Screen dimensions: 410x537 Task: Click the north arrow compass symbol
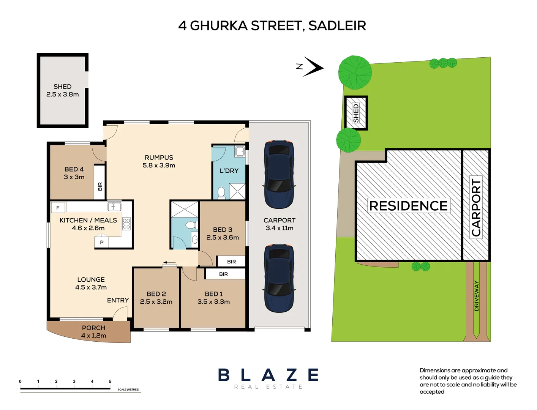(x=313, y=67)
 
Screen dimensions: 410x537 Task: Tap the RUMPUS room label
(x=159, y=158)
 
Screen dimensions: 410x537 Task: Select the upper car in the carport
(x=279, y=174)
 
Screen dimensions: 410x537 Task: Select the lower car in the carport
(x=279, y=278)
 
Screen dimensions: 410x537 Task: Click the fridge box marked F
(x=58, y=208)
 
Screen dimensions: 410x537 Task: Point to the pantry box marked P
(x=102, y=242)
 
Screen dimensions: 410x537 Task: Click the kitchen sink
(x=114, y=207)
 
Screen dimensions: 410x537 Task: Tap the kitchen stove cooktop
(x=126, y=224)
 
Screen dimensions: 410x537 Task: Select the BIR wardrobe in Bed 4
(x=100, y=183)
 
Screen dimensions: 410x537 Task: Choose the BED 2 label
(x=156, y=294)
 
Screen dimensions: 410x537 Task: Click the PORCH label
(x=93, y=328)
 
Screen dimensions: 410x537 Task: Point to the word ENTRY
(x=118, y=300)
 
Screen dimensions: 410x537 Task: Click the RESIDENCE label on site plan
(x=408, y=206)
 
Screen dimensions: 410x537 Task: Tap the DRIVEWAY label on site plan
(x=477, y=296)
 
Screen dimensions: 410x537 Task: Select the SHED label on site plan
(x=356, y=113)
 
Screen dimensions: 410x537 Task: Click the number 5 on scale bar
(x=110, y=382)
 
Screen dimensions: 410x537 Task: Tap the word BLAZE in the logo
(x=268, y=375)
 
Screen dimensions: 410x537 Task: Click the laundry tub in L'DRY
(x=240, y=151)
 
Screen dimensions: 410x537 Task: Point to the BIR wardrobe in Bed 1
(x=223, y=274)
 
